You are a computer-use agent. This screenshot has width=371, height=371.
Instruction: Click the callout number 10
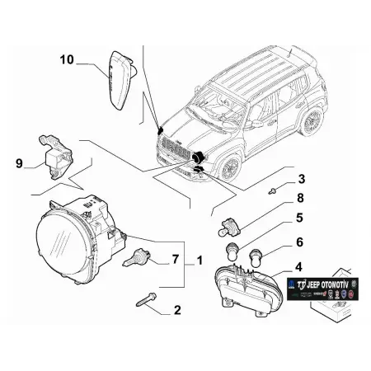point(67,59)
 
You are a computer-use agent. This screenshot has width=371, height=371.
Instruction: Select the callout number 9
point(19,162)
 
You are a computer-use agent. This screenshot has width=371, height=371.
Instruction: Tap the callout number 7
point(174,261)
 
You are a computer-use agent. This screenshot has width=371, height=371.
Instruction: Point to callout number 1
point(198,261)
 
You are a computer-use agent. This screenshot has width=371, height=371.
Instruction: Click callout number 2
point(176,311)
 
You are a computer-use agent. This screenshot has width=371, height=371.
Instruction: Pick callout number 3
point(302,179)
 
